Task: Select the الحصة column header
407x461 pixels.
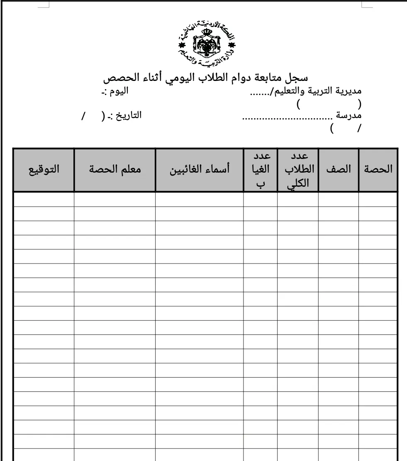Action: [x=378, y=169]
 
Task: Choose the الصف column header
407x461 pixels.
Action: [x=339, y=169]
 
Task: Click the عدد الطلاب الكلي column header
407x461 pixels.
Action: [x=298, y=169]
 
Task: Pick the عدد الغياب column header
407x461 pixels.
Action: [x=261, y=169]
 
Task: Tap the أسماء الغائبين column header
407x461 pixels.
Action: [x=200, y=169]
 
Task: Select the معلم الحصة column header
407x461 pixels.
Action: [x=115, y=169]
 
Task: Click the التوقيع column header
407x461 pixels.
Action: [x=44, y=169]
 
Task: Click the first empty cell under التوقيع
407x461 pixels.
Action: [x=44, y=199]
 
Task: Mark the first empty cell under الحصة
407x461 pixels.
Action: [x=378, y=199]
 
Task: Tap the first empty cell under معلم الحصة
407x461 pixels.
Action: [x=115, y=199]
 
